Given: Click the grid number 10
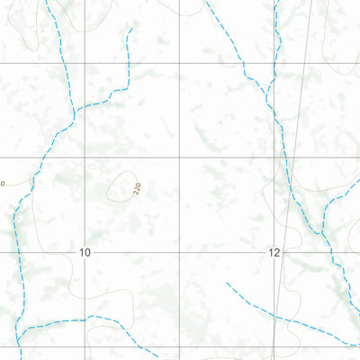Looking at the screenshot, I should point(85,253).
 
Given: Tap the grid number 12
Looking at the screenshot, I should point(274,253).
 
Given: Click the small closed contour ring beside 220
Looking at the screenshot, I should point(118,187).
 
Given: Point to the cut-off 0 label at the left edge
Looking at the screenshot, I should point(3,184).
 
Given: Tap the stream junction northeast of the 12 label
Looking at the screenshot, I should point(321,232).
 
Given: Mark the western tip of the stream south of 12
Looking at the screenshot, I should point(226,283).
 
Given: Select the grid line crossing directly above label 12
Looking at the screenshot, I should point(274,157).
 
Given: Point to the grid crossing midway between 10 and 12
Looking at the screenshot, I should point(181,253).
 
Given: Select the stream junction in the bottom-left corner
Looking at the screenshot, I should point(20,330).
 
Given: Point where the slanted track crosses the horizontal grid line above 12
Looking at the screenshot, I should point(290,157).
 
